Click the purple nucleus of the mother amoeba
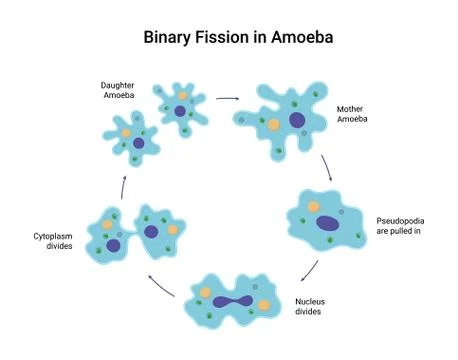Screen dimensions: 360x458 click(297, 121)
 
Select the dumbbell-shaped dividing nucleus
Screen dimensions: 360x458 click(232, 300)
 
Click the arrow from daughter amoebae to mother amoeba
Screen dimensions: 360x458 click(228, 99)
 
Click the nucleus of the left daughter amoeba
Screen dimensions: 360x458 click(138, 144)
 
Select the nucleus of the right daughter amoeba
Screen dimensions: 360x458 click(180, 110)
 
